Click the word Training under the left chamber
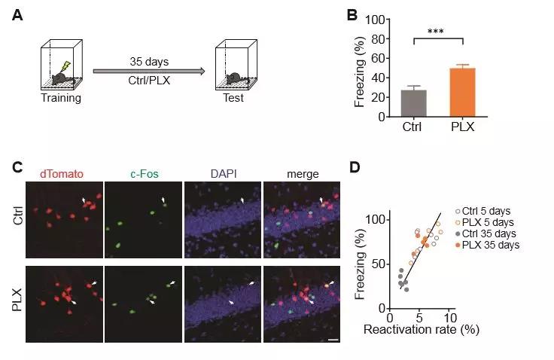tap(62, 98)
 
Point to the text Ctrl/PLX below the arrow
tap(148, 82)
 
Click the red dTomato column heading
tap(62, 174)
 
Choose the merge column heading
tap(302, 174)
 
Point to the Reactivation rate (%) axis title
tap(422, 329)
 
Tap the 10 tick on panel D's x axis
tap(449, 316)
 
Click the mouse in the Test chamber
tap(235, 78)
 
